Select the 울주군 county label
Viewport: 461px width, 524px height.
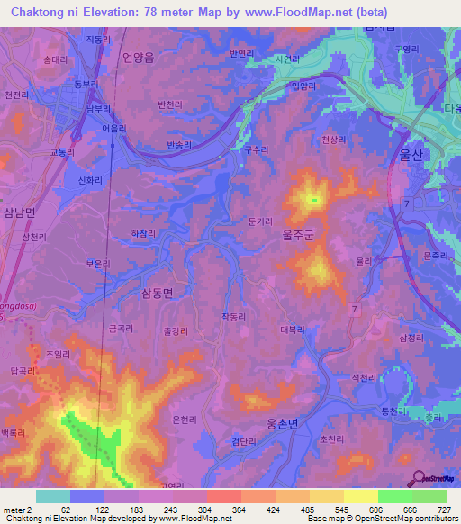pyautogui.click(x=298, y=231)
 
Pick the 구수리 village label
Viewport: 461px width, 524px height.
pyautogui.click(x=258, y=151)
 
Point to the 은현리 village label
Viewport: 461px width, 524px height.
pyautogui.click(x=184, y=420)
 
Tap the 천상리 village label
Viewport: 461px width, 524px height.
pyautogui.click(x=334, y=140)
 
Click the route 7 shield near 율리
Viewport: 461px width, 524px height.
pyautogui.click(x=354, y=310)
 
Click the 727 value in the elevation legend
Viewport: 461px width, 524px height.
pyautogui.click(x=445, y=509)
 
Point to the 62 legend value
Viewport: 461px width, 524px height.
pyautogui.click(x=65, y=509)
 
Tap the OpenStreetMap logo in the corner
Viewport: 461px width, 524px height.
pyautogui.click(x=432, y=478)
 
